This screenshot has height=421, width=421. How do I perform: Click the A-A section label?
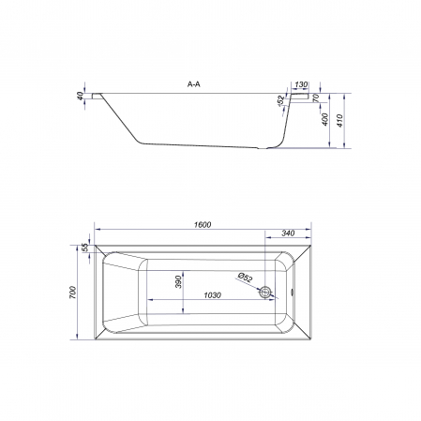(194, 84)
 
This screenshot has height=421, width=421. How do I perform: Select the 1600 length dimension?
(203, 224)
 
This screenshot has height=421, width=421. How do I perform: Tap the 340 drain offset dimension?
(288, 233)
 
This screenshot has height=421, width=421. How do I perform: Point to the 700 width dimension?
(72, 293)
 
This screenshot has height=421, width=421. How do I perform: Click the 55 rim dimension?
(85, 248)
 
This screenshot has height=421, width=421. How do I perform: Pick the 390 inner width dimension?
(178, 281)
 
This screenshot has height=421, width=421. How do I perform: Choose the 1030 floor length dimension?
(213, 295)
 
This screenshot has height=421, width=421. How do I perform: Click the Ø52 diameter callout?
(245, 277)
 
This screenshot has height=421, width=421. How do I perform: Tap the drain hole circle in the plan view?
(265, 293)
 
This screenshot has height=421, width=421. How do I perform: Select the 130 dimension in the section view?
(301, 84)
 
